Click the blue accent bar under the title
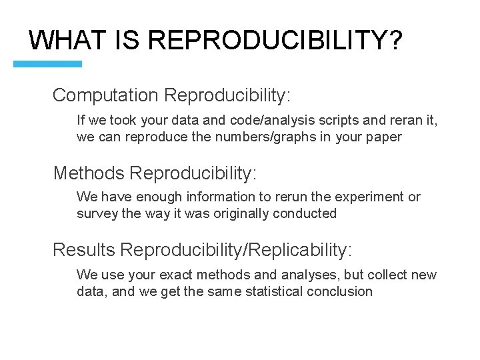pos(48,64)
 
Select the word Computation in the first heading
pos(105,95)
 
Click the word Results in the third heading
pos(84,250)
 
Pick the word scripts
pos(327,121)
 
